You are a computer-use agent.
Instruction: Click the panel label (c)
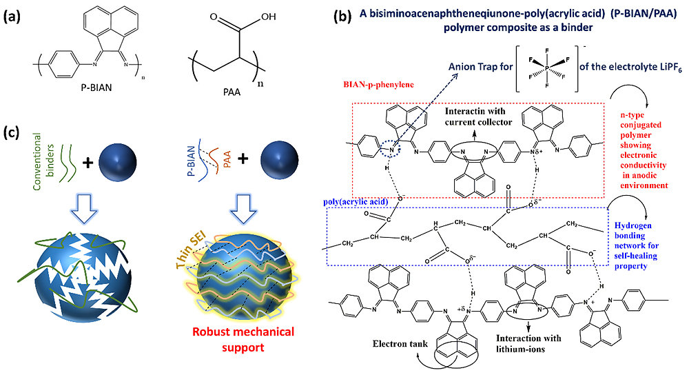pos(12,132)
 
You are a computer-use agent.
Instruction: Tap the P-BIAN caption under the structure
pos(96,88)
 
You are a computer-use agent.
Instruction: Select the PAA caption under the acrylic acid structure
pos(232,92)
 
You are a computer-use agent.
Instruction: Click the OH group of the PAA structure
pos(268,17)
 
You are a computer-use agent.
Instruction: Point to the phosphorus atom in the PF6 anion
pos(547,68)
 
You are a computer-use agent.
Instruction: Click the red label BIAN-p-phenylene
pos(378,84)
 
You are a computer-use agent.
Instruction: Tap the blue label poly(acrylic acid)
pos(356,202)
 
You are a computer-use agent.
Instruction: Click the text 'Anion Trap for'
pos(480,67)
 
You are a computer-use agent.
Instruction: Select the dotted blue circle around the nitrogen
pos(389,148)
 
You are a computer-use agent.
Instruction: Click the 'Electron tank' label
pos(400,344)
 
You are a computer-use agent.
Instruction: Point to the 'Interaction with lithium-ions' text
pos(528,344)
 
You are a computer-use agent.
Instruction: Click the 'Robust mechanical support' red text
pos(243,339)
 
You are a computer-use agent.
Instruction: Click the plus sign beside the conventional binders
pos(88,163)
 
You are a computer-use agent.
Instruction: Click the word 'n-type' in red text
pos(633,115)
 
